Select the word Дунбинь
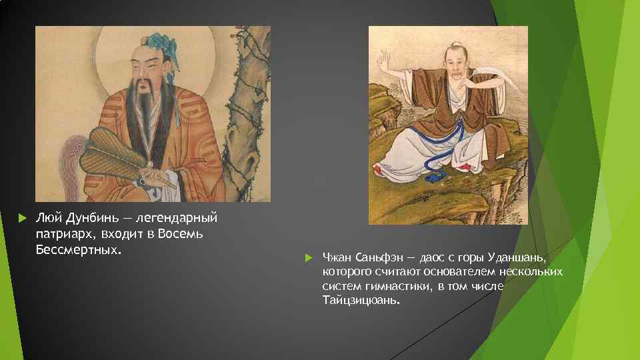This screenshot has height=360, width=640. [x=89, y=219]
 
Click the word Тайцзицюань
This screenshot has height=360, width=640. [x=362, y=301]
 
